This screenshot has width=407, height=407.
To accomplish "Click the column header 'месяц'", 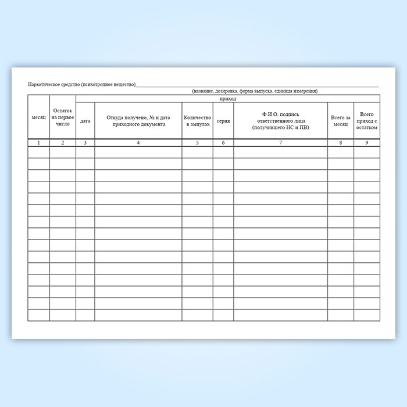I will coord(38,118).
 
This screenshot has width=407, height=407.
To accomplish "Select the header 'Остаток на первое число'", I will coord(62,117).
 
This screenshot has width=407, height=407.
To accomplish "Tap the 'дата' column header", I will coord(85,121).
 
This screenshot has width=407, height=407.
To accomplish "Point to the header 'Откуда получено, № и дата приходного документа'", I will coord(138,121).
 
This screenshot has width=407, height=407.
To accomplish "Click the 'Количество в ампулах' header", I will coord(197,121).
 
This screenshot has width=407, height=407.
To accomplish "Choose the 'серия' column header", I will coord(223,121).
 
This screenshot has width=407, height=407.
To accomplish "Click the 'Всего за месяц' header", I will coord(340,121).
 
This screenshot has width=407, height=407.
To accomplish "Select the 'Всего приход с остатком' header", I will coord(366,121).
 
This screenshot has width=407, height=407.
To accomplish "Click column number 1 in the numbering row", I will coord(38,142).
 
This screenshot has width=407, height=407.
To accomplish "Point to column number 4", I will coord(138,142).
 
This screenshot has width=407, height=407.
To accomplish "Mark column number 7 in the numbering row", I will coord(280,142).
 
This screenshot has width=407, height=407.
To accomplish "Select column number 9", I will coord(366,142).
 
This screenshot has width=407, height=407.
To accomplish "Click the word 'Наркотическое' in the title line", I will coord(47,85).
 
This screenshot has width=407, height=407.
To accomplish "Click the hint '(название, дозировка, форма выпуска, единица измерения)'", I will coord(255,91).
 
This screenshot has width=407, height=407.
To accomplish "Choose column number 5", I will coord(197,142).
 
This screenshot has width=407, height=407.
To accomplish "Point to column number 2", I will coord(62,142).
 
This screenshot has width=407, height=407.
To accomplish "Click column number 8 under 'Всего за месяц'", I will coord(340,142).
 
